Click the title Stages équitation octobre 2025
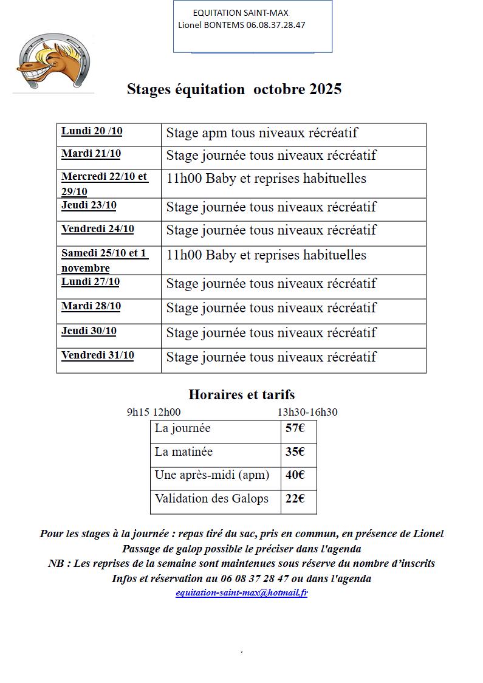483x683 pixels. [x=234, y=89]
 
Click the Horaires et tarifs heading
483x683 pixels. [x=241, y=394]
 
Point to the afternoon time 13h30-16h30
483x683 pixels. [x=307, y=412]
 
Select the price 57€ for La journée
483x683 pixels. [x=295, y=428]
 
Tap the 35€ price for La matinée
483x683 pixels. [x=295, y=452]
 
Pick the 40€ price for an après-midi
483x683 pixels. [x=295, y=475]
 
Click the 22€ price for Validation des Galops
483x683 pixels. [x=295, y=499]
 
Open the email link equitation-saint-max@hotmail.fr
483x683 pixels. [x=241, y=593]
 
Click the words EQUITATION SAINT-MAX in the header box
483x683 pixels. [x=241, y=13]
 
